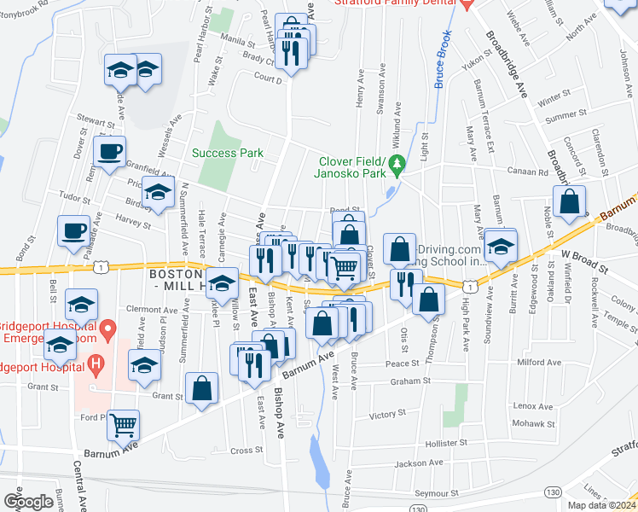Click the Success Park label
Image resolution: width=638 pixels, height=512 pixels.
(227, 154)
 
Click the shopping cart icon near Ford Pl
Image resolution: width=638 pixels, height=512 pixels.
(124, 423)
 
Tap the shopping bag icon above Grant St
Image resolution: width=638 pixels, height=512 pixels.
(202, 387)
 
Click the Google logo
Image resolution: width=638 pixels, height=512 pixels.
(28, 502)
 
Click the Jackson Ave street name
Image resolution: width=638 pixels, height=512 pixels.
(424, 463)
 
